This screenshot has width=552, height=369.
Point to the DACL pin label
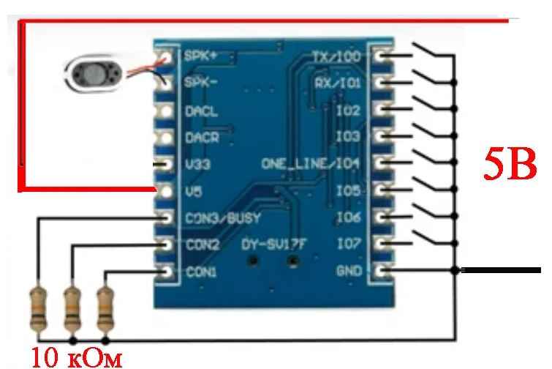point(201,111)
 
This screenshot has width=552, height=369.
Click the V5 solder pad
point(167,191)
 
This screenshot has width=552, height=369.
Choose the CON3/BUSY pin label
point(223,218)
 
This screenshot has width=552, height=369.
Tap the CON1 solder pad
point(167,272)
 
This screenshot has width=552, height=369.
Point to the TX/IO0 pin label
point(336,56)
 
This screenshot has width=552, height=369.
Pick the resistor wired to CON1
point(107,308)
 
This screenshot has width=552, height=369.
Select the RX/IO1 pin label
point(337,83)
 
